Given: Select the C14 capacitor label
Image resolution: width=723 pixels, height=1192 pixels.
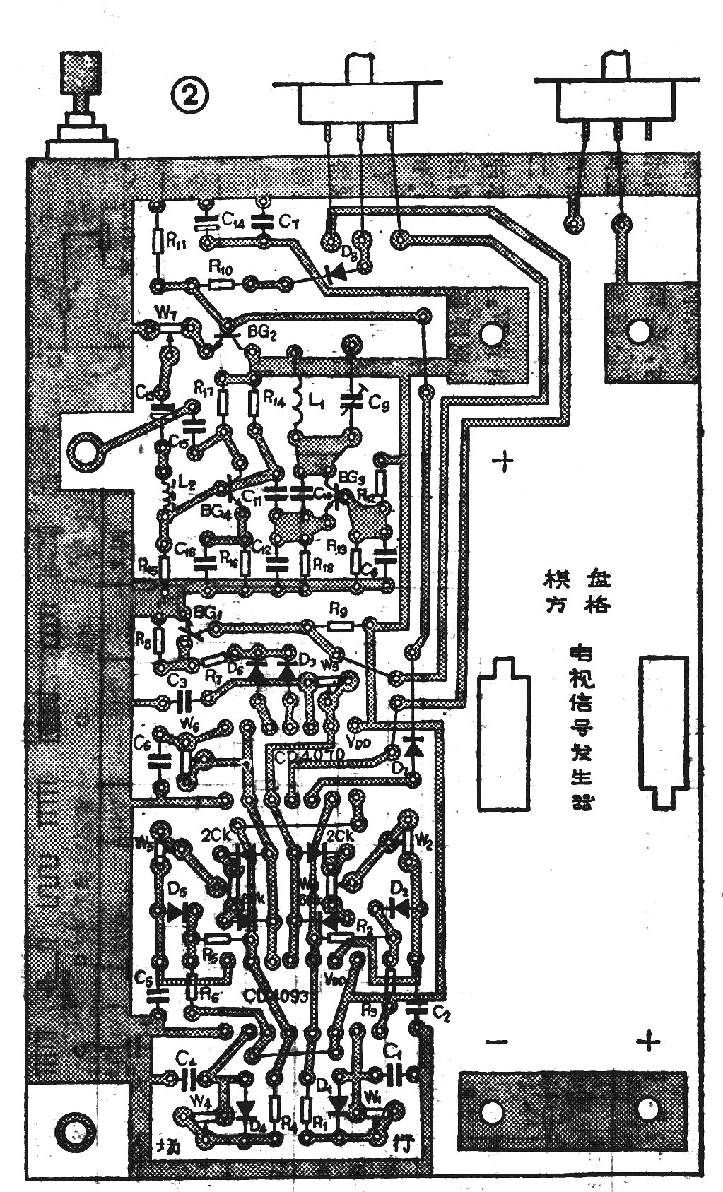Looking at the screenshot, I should (x=233, y=221).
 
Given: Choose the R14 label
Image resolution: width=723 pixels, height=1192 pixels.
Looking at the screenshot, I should (x=275, y=399).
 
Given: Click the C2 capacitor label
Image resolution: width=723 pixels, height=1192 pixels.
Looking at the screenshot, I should (x=442, y=1015).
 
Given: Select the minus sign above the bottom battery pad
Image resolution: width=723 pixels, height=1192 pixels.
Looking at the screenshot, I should (x=498, y=1043).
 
